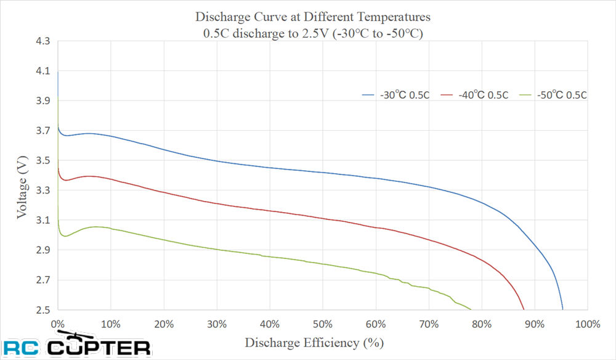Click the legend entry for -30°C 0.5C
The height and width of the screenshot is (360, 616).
coord(395,95)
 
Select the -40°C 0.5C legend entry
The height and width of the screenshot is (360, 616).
coord(474,95)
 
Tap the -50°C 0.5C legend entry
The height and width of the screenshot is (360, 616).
coord(553,95)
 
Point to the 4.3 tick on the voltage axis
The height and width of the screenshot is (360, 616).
coord(43,41)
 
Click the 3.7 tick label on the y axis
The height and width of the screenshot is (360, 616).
coord(43,131)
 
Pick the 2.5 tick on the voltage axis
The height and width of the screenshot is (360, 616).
coord(43,310)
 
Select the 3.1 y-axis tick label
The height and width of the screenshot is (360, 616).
coord(43,220)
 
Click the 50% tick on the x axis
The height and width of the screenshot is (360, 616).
coord(323,324)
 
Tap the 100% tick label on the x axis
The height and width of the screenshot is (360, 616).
coord(588,324)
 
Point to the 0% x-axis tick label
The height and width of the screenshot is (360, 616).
coord(58,324)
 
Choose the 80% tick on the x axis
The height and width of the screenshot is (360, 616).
coord(482,324)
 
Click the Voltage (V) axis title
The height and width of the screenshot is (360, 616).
coord(22,187)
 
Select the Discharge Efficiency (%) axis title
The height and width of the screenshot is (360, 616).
coord(314,343)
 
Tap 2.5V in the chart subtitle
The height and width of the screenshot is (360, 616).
coord(315,33)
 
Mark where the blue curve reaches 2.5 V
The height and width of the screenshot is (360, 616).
coord(562,309)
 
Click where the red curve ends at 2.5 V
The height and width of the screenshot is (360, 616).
coord(524,309)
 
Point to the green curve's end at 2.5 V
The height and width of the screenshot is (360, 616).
coord(471,309)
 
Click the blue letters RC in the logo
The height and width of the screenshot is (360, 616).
coord(21,348)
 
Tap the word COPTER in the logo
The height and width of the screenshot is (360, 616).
coord(99,348)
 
